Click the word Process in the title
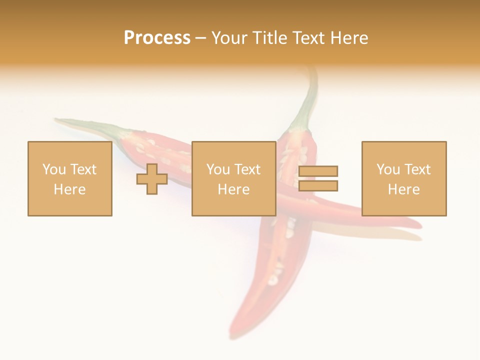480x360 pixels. (157, 38)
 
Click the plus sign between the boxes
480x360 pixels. (152, 179)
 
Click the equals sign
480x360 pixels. (318, 178)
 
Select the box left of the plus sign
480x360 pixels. (69, 178)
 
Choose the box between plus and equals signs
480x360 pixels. (233, 178)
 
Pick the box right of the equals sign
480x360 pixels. (403, 178)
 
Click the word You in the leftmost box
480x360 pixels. (54, 169)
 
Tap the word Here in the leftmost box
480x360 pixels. (69, 189)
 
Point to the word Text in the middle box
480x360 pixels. (247, 169)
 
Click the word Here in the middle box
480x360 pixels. (233, 189)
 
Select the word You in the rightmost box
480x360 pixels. (388, 169)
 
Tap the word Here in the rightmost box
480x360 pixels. (403, 189)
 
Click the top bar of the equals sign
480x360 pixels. (318, 171)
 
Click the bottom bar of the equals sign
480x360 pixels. (318, 186)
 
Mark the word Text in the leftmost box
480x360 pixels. (83, 169)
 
